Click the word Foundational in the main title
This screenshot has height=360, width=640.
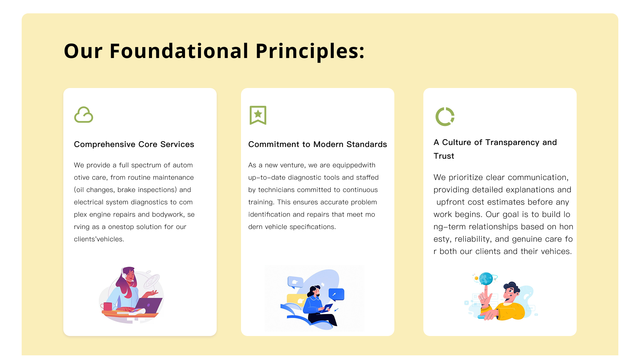pos(179,51)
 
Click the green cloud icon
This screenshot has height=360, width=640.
pos(84,115)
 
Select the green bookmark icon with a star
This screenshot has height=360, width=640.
pos(258,115)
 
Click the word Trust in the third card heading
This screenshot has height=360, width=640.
pos(444,156)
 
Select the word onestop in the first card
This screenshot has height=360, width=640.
pos(121,227)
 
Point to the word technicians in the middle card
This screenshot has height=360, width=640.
pos(276,190)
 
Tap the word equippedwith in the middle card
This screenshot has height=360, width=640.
pos(354,165)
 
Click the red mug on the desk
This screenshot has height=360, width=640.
pos(107,306)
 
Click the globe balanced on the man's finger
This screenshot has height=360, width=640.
pos(486,279)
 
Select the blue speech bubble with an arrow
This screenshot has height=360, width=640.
pos(336,295)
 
